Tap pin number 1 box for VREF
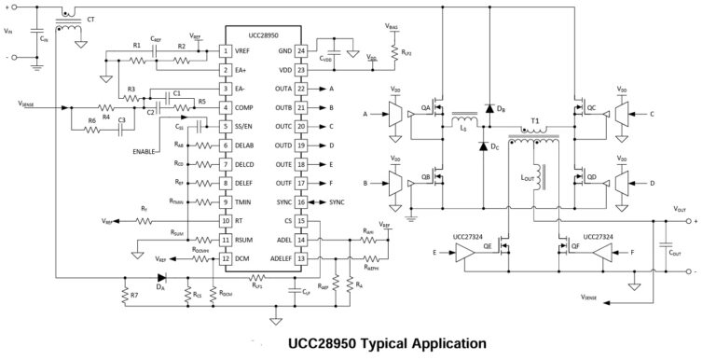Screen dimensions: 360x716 point(225,50)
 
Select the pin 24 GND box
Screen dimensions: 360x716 point(301,50)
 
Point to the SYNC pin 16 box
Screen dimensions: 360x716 point(301,201)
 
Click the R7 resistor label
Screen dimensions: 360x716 point(134,296)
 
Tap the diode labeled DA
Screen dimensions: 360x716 point(160,277)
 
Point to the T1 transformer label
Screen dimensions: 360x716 point(535,122)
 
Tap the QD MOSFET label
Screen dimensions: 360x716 point(590,176)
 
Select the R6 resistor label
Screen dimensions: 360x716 point(91,121)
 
